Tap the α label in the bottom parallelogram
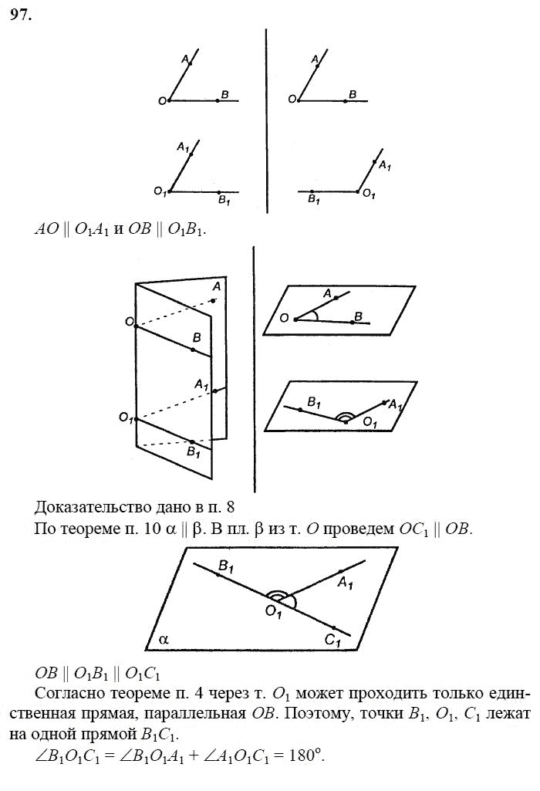tap(164, 639)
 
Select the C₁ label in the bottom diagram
tap(332, 639)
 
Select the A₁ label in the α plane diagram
tap(345, 587)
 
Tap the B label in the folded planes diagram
tap(197, 338)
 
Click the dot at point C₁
tap(334, 627)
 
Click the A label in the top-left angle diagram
tap(185, 59)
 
